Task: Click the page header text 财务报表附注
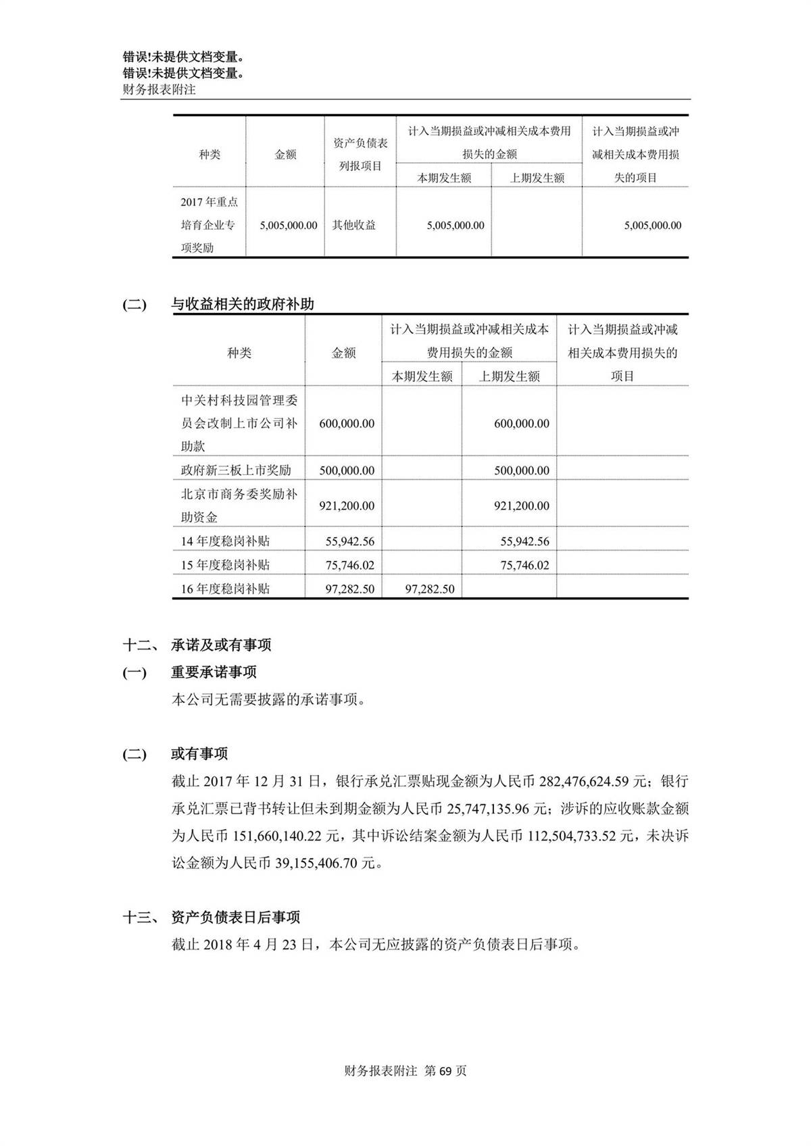pyautogui.click(x=159, y=89)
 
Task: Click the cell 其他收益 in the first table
pyautogui.click(x=353, y=225)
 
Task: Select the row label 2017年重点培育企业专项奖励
pyautogui.click(x=209, y=225)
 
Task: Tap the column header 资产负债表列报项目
pyautogui.click(x=360, y=155)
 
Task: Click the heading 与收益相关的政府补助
pyautogui.click(x=242, y=304)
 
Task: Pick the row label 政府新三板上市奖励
pyautogui.click(x=235, y=470)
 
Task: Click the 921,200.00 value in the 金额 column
pyautogui.click(x=347, y=505)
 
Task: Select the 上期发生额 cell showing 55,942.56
pyautogui.click(x=524, y=541)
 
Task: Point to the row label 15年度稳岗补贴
pyautogui.click(x=225, y=565)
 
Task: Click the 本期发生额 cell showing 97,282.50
pyautogui.click(x=429, y=589)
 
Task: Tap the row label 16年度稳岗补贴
pyautogui.click(x=225, y=589)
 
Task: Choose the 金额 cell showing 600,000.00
pyautogui.click(x=347, y=424)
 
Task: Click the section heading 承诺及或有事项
pyautogui.click(x=221, y=645)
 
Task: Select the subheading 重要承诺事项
pyautogui.click(x=214, y=672)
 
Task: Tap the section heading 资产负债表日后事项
pyautogui.click(x=235, y=918)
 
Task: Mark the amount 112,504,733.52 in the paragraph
pyautogui.click(x=580, y=837)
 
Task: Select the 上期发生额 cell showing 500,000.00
pyautogui.click(x=521, y=470)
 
